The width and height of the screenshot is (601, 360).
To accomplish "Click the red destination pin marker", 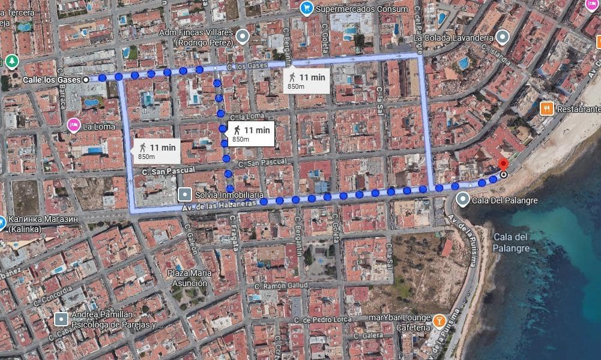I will coord(503,164).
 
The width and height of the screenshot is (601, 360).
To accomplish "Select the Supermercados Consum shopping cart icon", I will coord(307,8).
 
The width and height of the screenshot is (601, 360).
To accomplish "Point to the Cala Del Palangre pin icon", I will coord(462,199).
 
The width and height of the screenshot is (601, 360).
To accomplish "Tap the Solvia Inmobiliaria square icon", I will coord(185,195).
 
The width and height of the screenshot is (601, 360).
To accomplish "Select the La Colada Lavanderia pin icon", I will coord(503,37).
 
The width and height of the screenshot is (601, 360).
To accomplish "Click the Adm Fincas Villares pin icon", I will coord(243,37).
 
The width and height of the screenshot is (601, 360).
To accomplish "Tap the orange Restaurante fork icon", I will coord(546,109).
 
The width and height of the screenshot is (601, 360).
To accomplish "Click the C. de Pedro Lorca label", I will coord(328,319).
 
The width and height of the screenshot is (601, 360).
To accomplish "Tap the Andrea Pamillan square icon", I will coord(61,317).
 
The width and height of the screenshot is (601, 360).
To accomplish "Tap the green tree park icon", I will coord(12,61).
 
